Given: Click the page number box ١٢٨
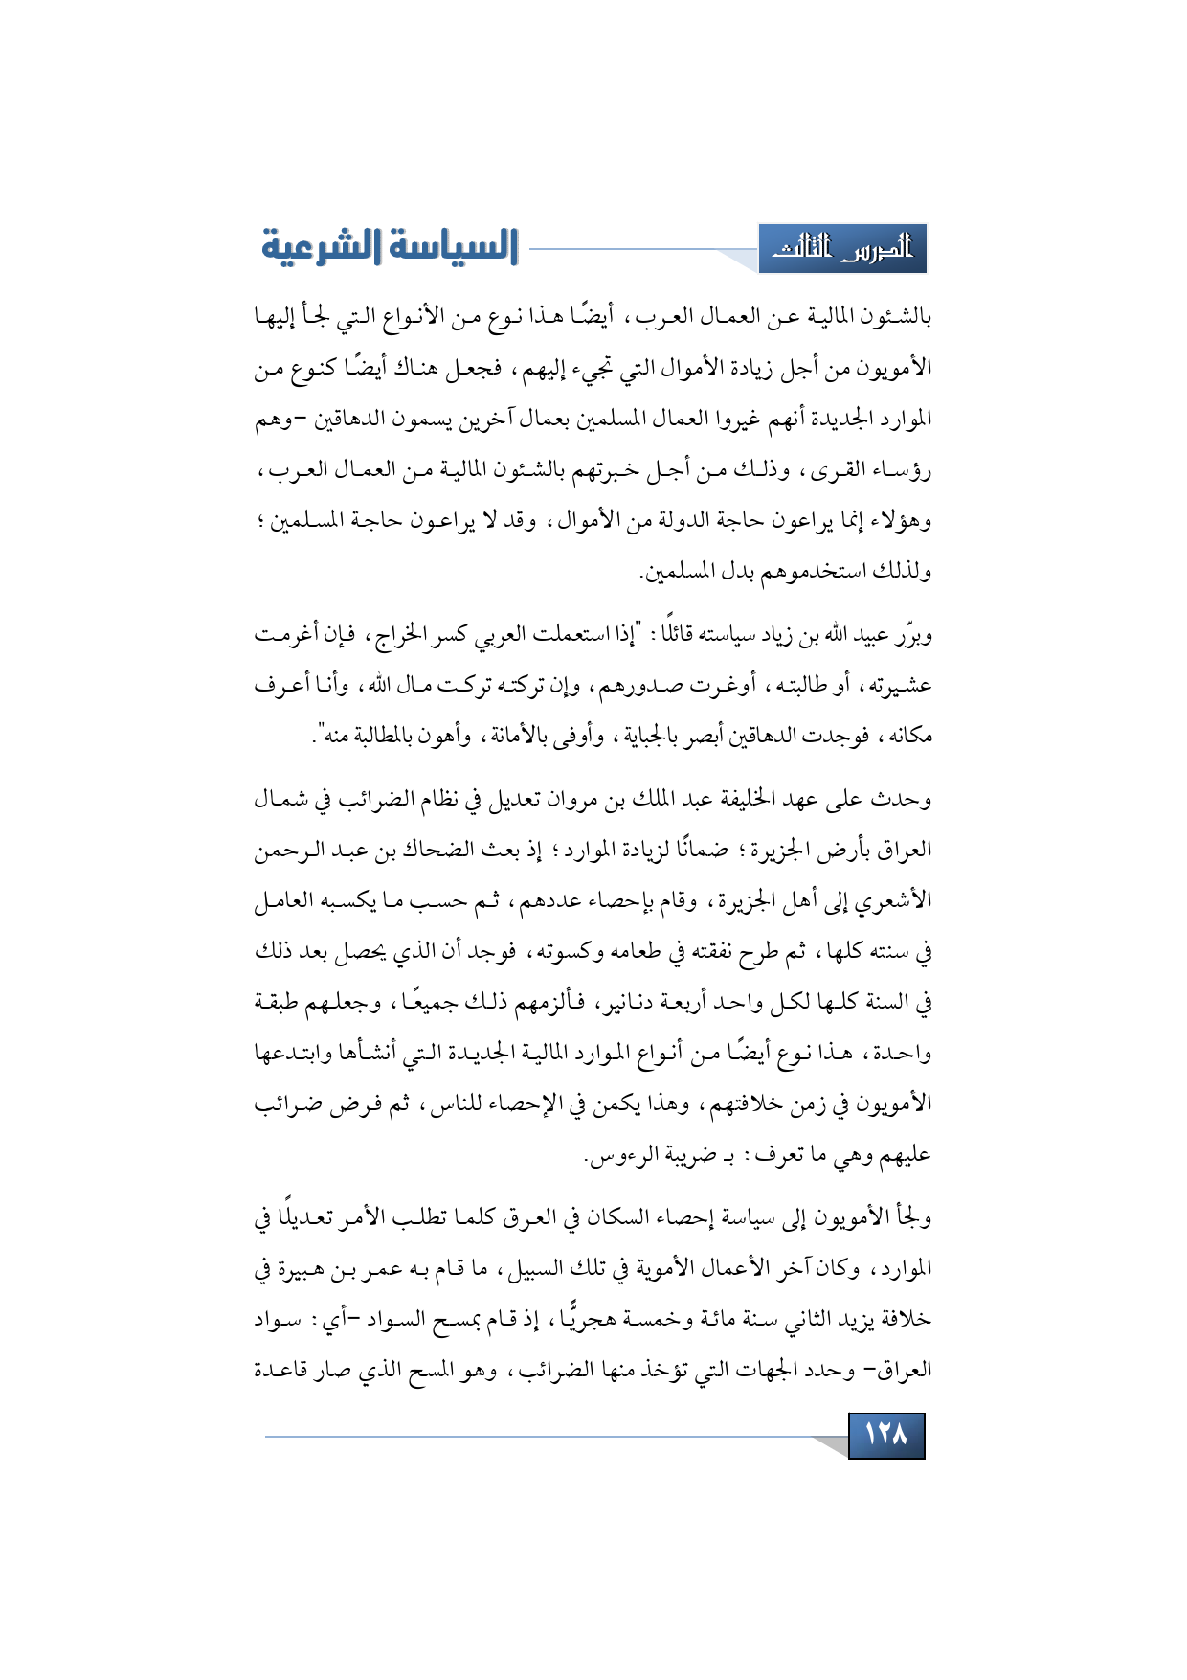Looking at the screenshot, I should pos(885,1435).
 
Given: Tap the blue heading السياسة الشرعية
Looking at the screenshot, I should pos(390,246).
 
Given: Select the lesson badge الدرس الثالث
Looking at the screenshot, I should pos(842,249).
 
